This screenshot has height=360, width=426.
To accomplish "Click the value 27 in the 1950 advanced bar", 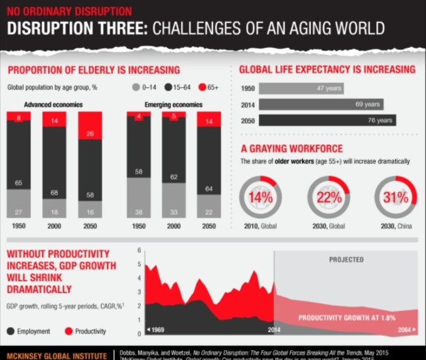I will (x=19, y=211).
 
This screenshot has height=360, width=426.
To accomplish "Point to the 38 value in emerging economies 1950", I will (x=138, y=211).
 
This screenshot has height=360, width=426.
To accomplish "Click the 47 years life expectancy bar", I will (x=301, y=88).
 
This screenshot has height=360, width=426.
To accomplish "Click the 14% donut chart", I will (x=260, y=196).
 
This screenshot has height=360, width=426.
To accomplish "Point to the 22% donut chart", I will (x=328, y=196).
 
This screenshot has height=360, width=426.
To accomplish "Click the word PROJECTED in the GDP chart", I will (x=346, y=260).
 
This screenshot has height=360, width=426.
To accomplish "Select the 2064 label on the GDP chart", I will (x=404, y=329).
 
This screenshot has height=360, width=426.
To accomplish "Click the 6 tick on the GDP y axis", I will (x=140, y=250).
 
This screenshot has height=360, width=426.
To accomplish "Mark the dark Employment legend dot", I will (x=11, y=331).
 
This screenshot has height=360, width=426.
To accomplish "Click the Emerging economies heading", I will (x=173, y=104).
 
